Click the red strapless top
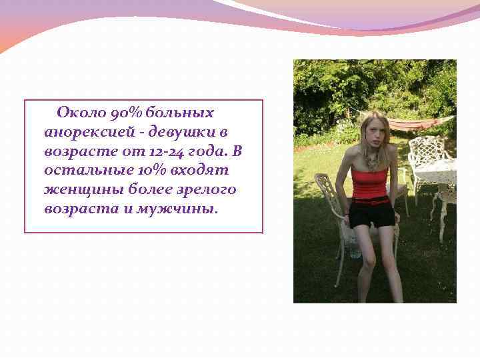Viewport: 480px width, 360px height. pyautogui.click(x=370, y=184)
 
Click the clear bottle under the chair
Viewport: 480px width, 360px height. pyautogui.click(x=355, y=249)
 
